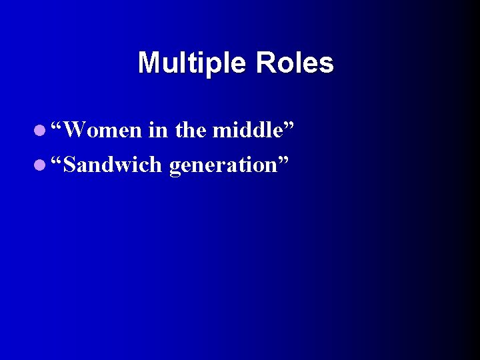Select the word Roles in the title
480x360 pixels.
click(x=294, y=63)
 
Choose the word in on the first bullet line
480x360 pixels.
click(x=158, y=130)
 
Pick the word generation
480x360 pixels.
click(x=223, y=165)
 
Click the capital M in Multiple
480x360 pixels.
click(x=148, y=63)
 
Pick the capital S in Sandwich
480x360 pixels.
click(x=69, y=165)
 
